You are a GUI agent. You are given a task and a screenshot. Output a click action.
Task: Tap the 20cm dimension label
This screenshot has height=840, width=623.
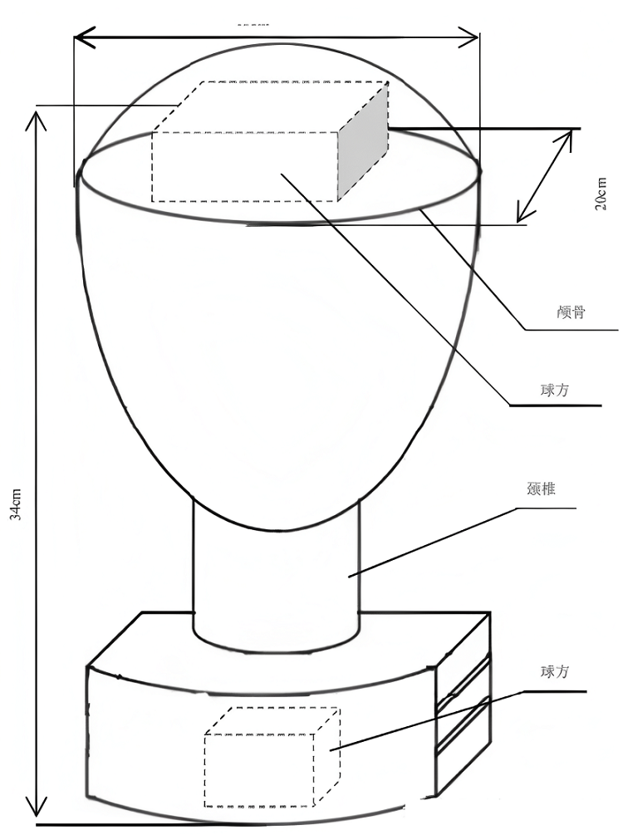pyautogui.click(x=601, y=194)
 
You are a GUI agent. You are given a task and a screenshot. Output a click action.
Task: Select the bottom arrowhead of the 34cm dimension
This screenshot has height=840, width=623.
pyautogui.click(x=35, y=809)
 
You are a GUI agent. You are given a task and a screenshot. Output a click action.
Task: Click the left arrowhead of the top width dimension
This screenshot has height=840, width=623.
pyautogui.click(x=81, y=37)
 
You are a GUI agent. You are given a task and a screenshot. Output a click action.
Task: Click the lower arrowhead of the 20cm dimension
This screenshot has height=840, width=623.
pyautogui.click(x=522, y=215)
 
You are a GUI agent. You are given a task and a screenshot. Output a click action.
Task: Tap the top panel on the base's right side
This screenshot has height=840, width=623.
pyautogui.click(x=462, y=656)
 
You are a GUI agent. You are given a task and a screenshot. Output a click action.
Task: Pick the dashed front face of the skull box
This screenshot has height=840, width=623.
pyautogui.click(x=245, y=166)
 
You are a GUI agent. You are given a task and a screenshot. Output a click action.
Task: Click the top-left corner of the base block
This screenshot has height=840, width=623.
pyautogui.click(x=88, y=666)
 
